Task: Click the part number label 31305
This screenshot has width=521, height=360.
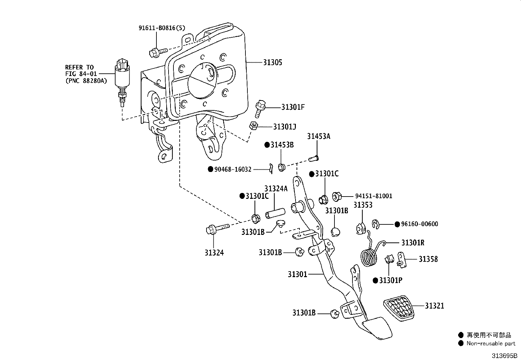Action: point(272,63)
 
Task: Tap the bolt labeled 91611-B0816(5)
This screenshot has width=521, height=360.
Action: point(158,52)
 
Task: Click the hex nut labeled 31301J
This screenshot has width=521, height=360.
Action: point(253,126)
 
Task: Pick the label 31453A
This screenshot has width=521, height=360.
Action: point(319,136)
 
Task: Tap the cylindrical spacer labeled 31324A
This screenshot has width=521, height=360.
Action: point(275,213)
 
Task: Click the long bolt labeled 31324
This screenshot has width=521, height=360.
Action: point(218,229)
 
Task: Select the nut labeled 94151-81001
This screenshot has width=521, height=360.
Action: point(336,197)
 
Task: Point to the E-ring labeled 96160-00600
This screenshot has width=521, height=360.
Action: point(375,224)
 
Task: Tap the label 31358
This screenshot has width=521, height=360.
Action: point(428,259)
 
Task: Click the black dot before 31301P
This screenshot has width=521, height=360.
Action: point(375,281)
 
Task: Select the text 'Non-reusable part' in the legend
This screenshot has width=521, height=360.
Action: point(491,343)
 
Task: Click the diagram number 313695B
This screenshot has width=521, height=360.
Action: point(504,355)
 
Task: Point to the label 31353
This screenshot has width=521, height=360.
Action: point(363,205)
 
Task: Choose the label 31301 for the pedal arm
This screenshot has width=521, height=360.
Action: point(297,274)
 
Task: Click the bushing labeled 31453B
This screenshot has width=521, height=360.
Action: point(282,167)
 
